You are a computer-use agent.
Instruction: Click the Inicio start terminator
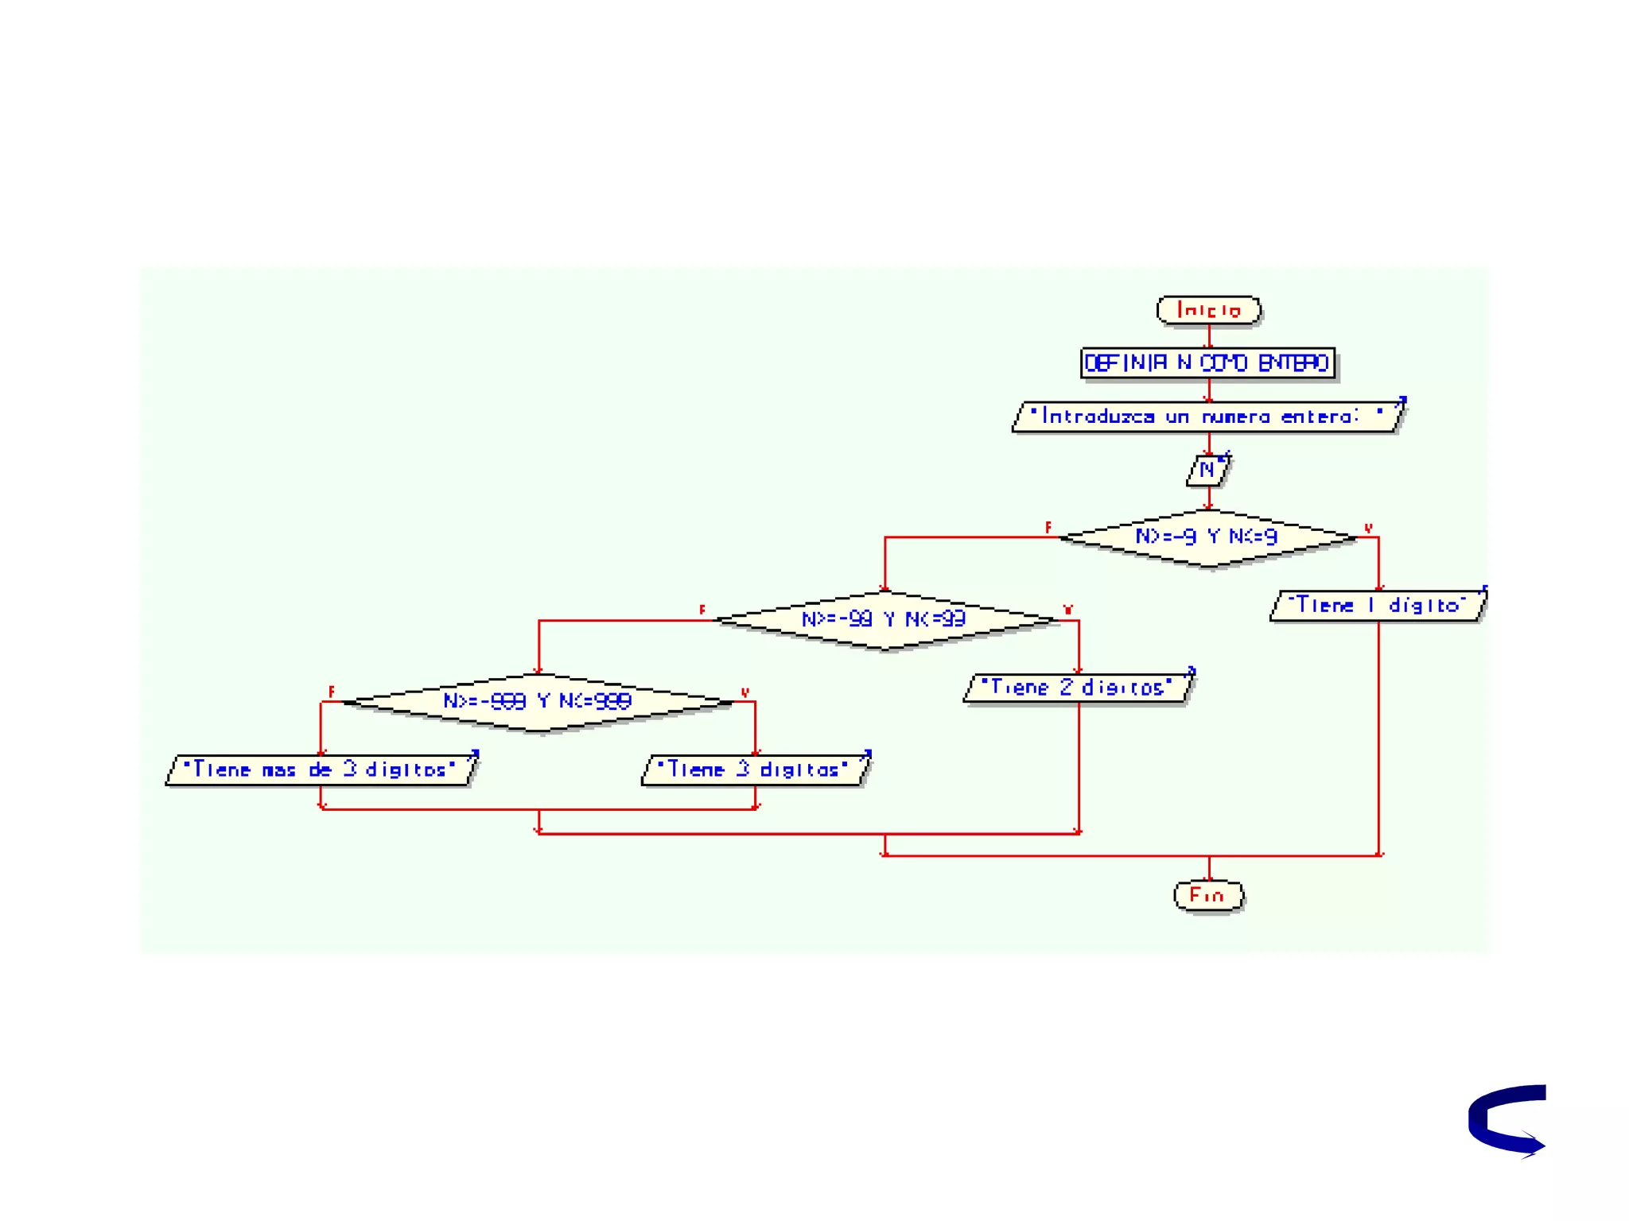pos(1208,309)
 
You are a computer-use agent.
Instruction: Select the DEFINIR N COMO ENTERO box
pos(1207,363)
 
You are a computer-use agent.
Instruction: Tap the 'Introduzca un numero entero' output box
pos(1207,417)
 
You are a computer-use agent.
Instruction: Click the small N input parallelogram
pos(1207,470)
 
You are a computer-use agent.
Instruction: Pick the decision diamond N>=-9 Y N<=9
pos(1207,537)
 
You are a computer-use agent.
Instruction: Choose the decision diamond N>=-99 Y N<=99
pos(884,619)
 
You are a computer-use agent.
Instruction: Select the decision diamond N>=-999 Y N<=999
pos(538,701)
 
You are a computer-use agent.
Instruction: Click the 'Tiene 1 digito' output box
pos(1378,606)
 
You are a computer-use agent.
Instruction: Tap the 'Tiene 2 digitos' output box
pos(1077,688)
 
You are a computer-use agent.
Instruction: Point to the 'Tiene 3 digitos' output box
pos(754,769)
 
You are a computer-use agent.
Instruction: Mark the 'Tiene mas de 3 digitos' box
pos(320,769)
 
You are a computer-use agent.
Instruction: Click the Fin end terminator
pos(1207,895)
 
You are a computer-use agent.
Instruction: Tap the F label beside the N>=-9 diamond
pos(1048,527)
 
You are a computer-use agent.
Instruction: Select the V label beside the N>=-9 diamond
pos(1368,528)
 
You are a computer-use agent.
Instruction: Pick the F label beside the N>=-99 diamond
pos(702,610)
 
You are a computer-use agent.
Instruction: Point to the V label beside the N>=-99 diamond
pos(1067,610)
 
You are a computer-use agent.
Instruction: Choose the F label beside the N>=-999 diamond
pos(331,692)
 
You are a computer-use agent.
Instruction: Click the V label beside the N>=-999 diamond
pos(745,692)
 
